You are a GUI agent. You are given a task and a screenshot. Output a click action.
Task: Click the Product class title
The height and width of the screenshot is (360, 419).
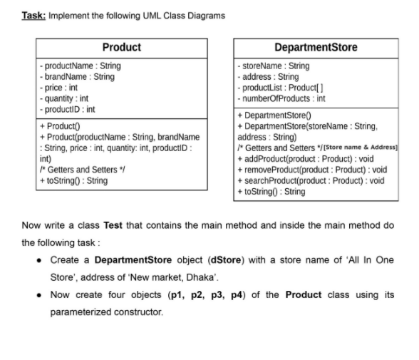coord(121,47)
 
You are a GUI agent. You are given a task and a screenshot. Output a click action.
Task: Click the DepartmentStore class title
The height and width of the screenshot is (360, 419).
coord(316,47)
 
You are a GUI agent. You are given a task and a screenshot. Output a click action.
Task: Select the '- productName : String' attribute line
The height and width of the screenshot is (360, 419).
coord(80,66)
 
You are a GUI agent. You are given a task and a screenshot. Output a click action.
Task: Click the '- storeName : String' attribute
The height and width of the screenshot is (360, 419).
coord(274,66)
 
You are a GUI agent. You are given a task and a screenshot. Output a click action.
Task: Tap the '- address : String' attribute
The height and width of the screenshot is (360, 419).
coord(268,76)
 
